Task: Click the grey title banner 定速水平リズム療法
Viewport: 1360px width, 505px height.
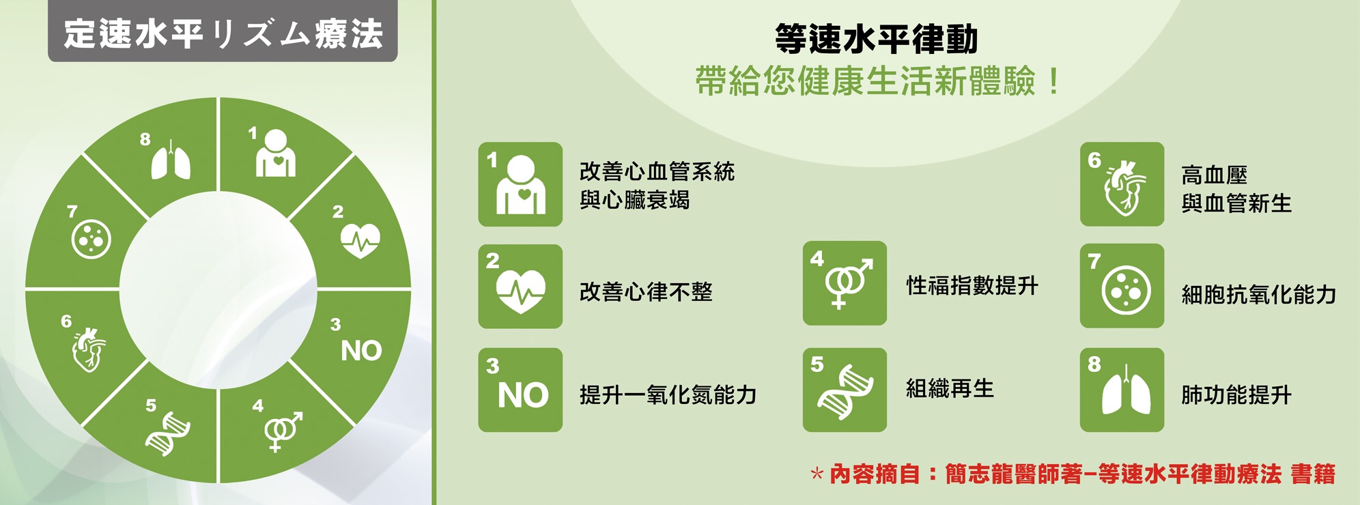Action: tap(223, 31)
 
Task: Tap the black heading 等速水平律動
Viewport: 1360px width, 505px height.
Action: tap(877, 39)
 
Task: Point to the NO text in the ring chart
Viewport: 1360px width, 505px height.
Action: tap(361, 351)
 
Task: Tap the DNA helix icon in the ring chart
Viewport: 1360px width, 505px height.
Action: tap(168, 434)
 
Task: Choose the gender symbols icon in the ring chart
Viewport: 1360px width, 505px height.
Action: tap(283, 431)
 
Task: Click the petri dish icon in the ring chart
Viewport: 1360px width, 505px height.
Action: tap(91, 239)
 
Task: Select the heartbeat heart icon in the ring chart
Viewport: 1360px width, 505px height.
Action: tap(360, 241)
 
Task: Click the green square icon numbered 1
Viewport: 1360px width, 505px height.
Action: tap(520, 184)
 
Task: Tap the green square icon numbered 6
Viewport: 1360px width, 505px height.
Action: tap(1122, 184)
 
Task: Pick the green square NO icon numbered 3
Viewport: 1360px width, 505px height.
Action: tap(520, 390)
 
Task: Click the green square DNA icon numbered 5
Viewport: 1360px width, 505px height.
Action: tap(845, 390)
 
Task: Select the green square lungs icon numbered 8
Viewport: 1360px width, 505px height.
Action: tap(1122, 390)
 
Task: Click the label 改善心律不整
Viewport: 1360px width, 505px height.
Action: tap(646, 292)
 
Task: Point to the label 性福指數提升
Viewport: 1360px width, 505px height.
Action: tap(972, 285)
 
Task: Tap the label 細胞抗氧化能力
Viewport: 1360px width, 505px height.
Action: tap(1259, 294)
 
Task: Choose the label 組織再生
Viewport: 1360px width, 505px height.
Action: tap(950, 388)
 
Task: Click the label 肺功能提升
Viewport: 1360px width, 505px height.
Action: tap(1236, 394)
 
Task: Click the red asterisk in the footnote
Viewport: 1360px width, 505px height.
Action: tap(817, 474)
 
